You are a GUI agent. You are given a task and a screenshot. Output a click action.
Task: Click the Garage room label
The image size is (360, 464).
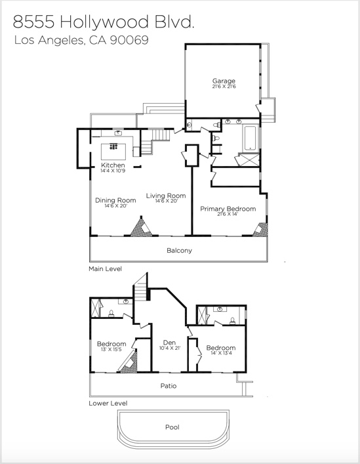[224, 81]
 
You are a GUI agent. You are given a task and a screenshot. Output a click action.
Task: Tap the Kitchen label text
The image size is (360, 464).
[113, 165]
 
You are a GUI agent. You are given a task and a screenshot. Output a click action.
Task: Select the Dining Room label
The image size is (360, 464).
[115, 200]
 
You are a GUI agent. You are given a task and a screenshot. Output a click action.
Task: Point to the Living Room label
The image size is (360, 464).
[166, 196]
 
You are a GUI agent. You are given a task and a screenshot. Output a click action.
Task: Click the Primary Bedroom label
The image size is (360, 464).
[228, 209]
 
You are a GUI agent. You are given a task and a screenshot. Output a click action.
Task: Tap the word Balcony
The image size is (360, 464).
[180, 250]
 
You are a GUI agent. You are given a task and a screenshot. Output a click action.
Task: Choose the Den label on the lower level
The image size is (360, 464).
[169, 343]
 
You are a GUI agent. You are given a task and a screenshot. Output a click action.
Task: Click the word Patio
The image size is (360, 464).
[169, 386]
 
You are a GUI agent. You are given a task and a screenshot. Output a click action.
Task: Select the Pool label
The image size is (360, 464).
[172, 427]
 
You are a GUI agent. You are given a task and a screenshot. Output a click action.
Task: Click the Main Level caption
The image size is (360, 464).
[105, 268]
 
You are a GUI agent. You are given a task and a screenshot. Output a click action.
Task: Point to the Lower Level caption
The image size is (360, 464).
[108, 403]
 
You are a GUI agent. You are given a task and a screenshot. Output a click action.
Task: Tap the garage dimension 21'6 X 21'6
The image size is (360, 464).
[224, 87]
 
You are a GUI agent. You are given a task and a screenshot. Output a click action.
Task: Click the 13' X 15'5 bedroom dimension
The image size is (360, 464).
[111, 349]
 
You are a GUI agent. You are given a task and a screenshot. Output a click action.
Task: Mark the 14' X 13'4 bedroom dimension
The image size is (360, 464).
[221, 353]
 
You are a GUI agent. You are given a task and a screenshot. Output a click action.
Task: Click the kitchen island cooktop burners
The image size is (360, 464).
[113, 146]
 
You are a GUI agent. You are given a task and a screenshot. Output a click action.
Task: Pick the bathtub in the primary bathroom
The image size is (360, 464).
[250, 138]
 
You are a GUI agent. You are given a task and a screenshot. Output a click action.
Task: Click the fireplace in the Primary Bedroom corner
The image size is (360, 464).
[261, 230]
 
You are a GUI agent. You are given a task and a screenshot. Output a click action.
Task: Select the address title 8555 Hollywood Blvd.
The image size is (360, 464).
[104, 22]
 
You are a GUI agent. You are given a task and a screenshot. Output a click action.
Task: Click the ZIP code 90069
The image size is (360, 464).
[129, 40]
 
